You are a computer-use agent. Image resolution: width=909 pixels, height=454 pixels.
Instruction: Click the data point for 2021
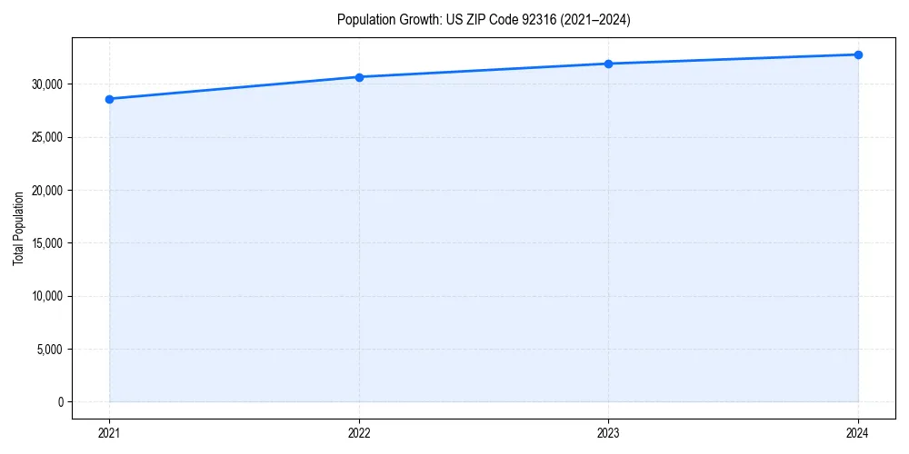point(109,99)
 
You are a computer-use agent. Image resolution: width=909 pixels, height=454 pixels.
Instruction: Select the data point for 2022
point(359,77)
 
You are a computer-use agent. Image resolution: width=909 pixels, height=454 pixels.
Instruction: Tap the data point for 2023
point(608,64)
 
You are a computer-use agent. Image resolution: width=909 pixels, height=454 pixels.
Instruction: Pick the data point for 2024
point(858,54)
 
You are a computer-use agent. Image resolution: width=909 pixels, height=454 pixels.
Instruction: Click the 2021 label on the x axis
point(109,433)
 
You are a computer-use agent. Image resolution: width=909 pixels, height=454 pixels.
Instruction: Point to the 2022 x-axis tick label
point(359,433)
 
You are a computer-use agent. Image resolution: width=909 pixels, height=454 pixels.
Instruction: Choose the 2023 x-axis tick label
point(608,433)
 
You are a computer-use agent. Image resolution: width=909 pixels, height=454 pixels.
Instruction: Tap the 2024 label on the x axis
point(858,433)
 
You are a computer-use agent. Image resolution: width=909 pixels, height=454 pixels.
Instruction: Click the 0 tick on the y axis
point(60,402)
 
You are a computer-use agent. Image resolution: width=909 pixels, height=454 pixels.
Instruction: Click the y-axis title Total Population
point(18,228)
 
